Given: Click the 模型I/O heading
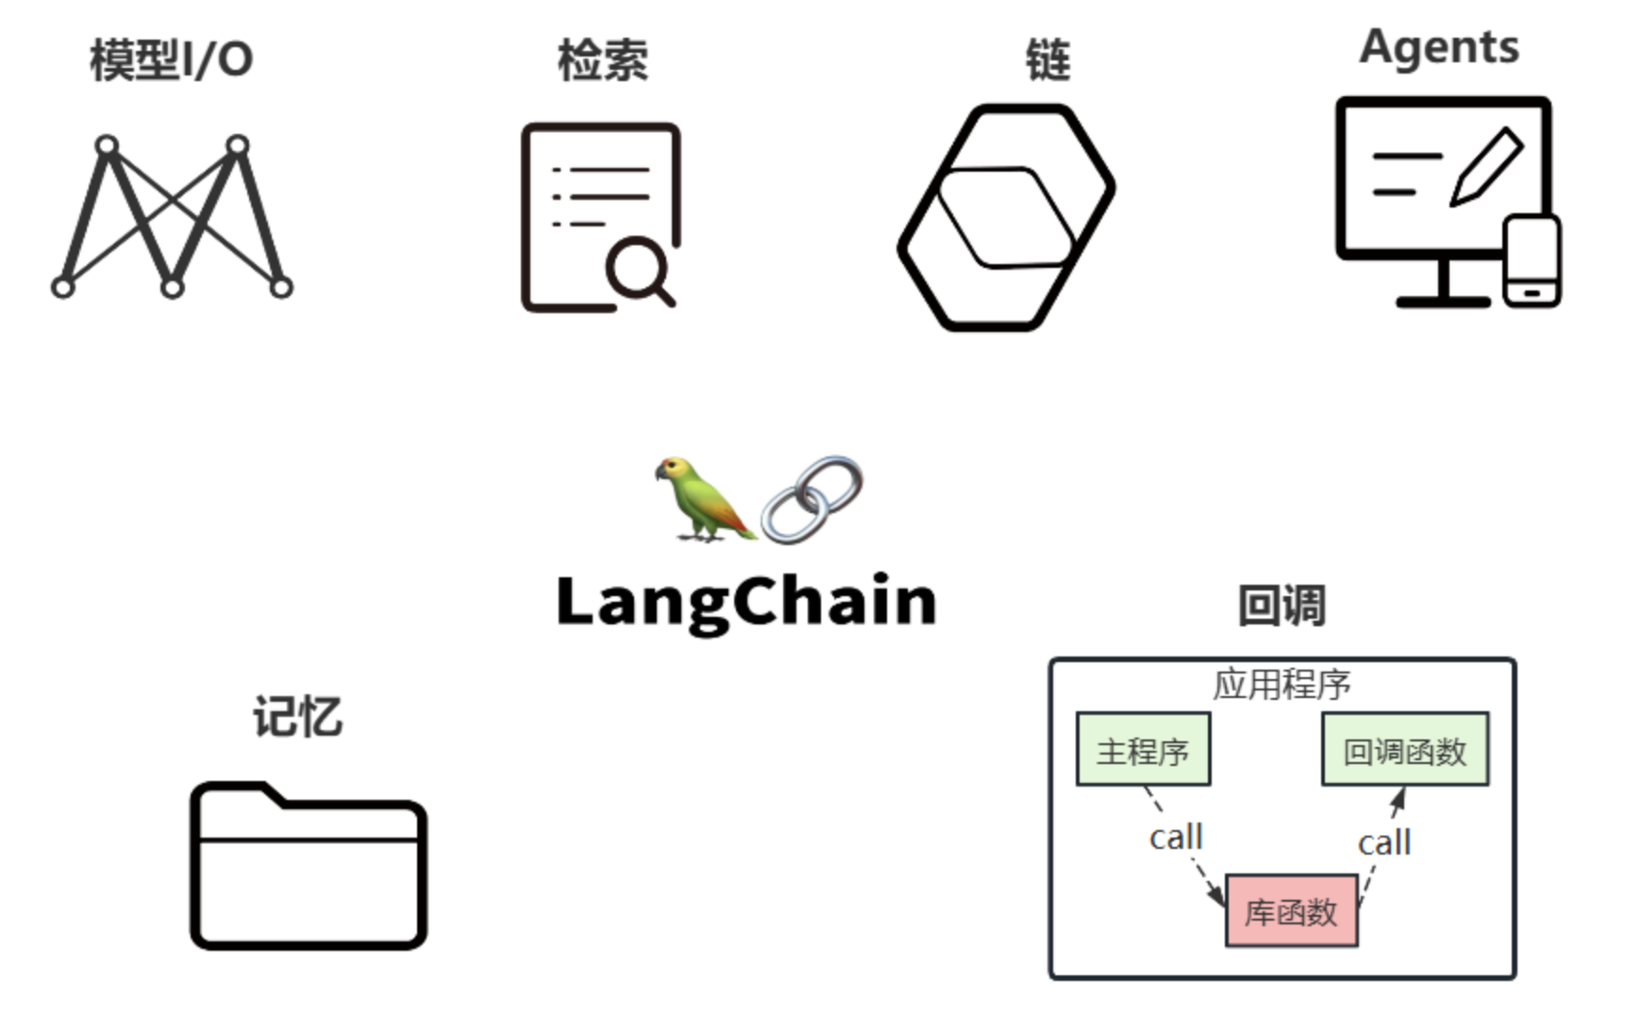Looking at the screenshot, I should click(x=171, y=60).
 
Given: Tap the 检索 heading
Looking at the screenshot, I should click(x=602, y=60).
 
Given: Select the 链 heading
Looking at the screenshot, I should click(x=1047, y=60).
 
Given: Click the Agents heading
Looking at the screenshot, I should click(x=1439, y=47).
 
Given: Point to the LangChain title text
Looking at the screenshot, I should click(x=746, y=602).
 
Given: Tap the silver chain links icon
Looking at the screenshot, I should click(x=813, y=500).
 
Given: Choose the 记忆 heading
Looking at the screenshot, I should click(x=297, y=717).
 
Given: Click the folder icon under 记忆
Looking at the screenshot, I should click(x=309, y=866).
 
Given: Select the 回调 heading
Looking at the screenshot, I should click(x=1282, y=606).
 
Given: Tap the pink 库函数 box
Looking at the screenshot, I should click(x=1291, y=911).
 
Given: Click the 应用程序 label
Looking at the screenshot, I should click(x=1282, y=685).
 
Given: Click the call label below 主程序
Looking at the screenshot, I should click(x=1176, y=838).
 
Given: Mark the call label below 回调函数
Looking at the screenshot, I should click(x=1384, y=842).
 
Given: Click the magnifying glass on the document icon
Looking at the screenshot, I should click(x=639, y=269).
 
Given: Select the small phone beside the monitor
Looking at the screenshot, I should click(x=1531, y=261).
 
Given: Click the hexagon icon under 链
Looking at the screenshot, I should click(x=1006, y=217).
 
